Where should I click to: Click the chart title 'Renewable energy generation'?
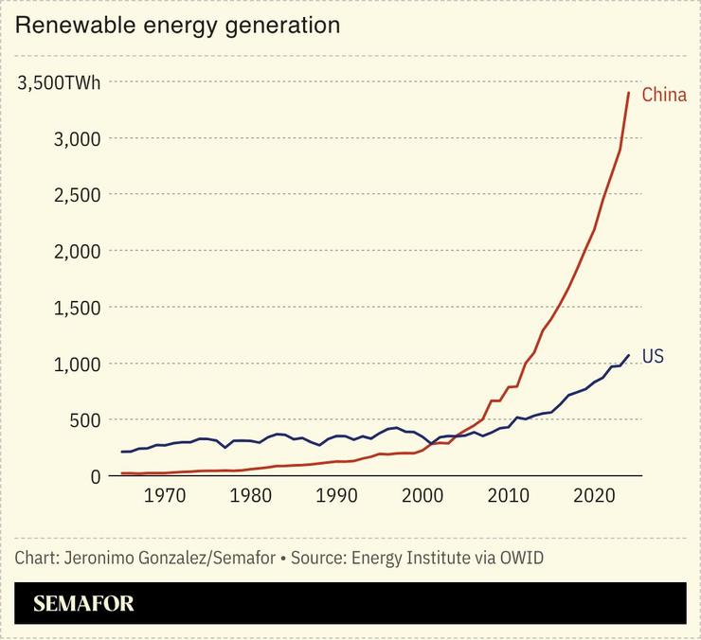(x=177, y=26)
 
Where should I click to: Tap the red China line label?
(x=663, y=95)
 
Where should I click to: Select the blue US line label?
(x=653, y=356)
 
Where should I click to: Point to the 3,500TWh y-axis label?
(x=59, y=82)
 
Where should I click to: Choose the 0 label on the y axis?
(x=95, y=476)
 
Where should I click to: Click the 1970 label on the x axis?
(x=165, y=495)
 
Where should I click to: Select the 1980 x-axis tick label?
(x=251, y=495)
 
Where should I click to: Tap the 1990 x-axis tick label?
(x=337, y=495)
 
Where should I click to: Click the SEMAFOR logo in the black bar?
(x=83, y=603)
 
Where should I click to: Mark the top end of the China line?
(x=629, y=93)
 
